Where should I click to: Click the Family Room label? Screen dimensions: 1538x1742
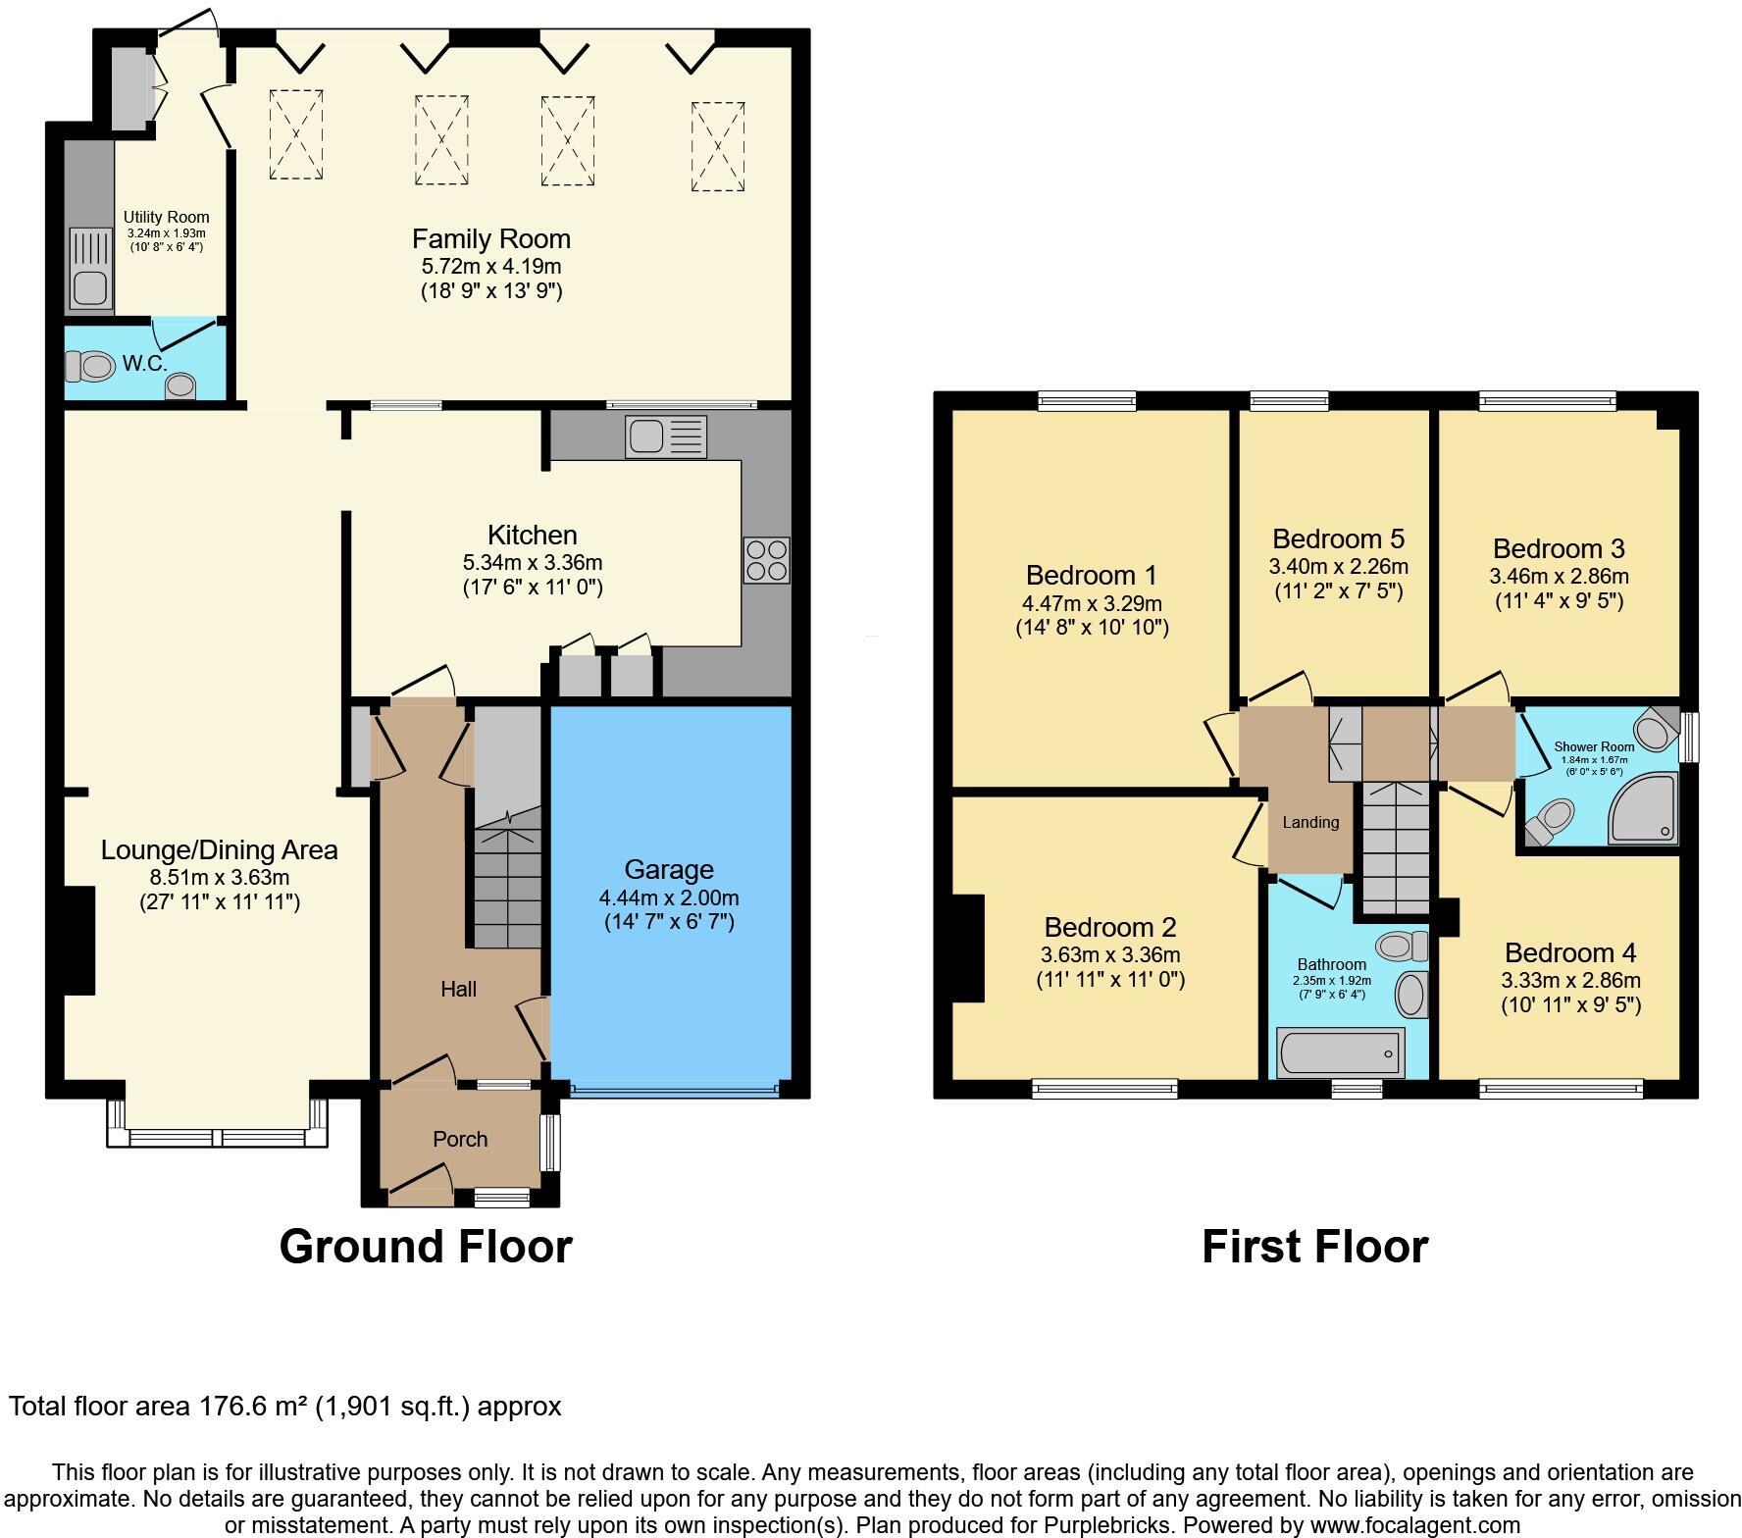click(490, 239)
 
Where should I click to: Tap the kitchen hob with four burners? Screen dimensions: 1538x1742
click(766, 561)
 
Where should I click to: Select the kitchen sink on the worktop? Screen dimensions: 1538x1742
click(666, 436)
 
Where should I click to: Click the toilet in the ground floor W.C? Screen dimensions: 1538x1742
click(89, 367)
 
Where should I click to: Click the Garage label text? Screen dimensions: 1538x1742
click(669, 870)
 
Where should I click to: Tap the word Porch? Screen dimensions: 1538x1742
click(460, 1139)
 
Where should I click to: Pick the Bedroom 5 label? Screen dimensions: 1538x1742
click(1338, 538)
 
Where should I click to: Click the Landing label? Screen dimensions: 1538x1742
click(1310, 822)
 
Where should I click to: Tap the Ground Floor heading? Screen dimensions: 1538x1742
click(426, 1247)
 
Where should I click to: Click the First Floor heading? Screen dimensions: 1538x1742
click(1314, 1247)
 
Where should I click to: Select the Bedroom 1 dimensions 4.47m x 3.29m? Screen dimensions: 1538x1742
click(1092, 603)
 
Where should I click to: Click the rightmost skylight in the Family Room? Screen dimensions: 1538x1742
click(718, 146)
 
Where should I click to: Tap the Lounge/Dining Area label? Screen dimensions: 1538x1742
click(219, 850)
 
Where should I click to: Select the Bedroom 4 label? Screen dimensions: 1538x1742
click(1569, 952)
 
